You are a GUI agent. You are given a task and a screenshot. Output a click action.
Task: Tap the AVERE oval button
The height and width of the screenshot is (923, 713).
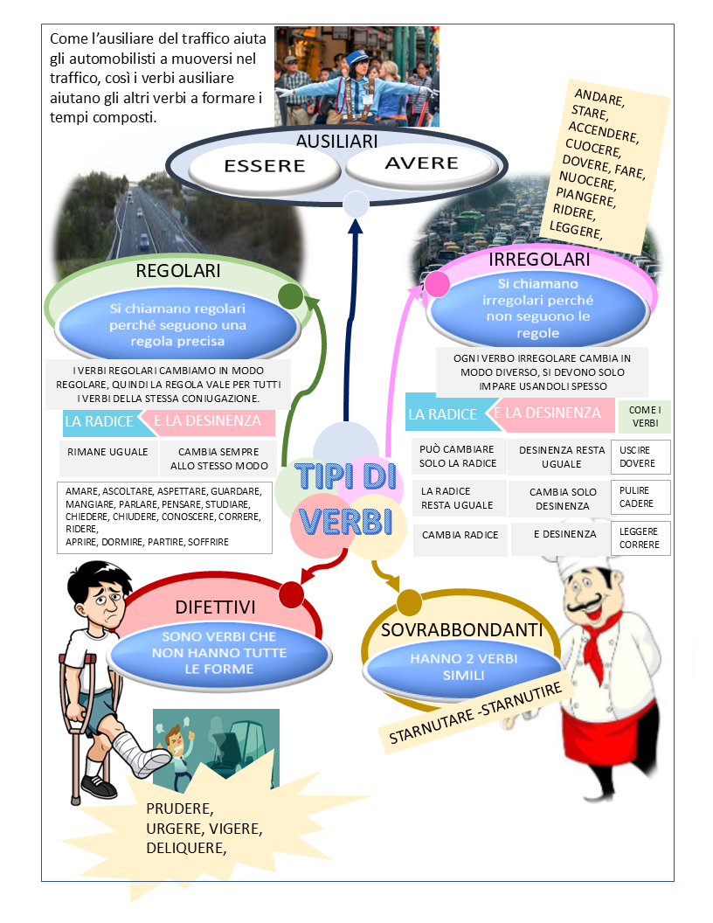[421, 163]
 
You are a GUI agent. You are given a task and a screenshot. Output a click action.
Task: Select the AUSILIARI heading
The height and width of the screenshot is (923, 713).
[336, 142]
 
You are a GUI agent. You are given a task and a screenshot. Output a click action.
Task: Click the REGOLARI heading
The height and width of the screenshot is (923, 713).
[177, 271]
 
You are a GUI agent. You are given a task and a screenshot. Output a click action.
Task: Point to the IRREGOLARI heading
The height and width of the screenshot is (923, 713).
[539, 260]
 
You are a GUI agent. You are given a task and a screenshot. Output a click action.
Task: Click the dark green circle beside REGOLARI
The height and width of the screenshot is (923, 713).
[290, 296]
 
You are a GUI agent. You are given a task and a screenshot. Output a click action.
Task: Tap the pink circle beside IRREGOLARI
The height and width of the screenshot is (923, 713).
[436, 283]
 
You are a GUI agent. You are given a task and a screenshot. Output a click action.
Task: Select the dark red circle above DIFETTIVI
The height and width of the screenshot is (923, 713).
[291, 594]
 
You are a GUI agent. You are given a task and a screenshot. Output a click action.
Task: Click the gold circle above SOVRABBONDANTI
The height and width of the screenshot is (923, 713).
[409, 602]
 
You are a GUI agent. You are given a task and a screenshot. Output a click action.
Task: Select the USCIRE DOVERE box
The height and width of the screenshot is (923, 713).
[640, 456]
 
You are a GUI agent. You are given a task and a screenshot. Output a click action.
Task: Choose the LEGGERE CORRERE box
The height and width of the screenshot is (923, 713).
[640, 538]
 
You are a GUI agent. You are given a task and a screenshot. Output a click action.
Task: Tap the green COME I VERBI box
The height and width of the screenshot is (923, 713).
[644, 416]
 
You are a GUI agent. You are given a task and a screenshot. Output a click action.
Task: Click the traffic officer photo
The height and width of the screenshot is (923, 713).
[356, 76]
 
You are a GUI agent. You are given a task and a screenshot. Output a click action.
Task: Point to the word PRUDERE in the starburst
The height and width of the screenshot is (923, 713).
[180, 808]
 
